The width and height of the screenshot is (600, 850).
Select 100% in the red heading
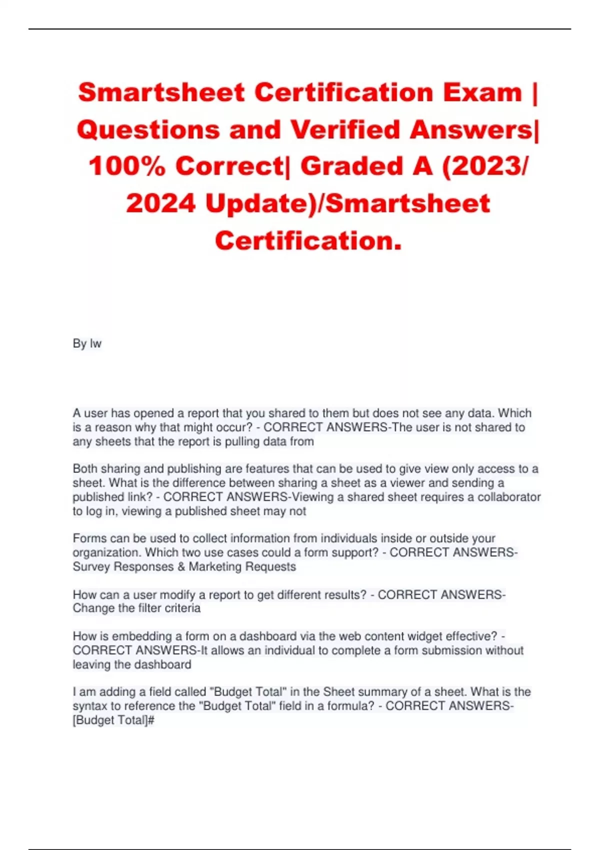(127, 166)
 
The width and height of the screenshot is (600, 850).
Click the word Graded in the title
(352, 166)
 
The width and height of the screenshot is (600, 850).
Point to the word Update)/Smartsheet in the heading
(347, 203)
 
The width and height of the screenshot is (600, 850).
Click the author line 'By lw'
(87, 343)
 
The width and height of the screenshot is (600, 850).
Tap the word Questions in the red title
(148, 129)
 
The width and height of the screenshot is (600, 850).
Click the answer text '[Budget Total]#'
(113, 720)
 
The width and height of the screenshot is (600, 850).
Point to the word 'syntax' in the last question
(88, 706)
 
